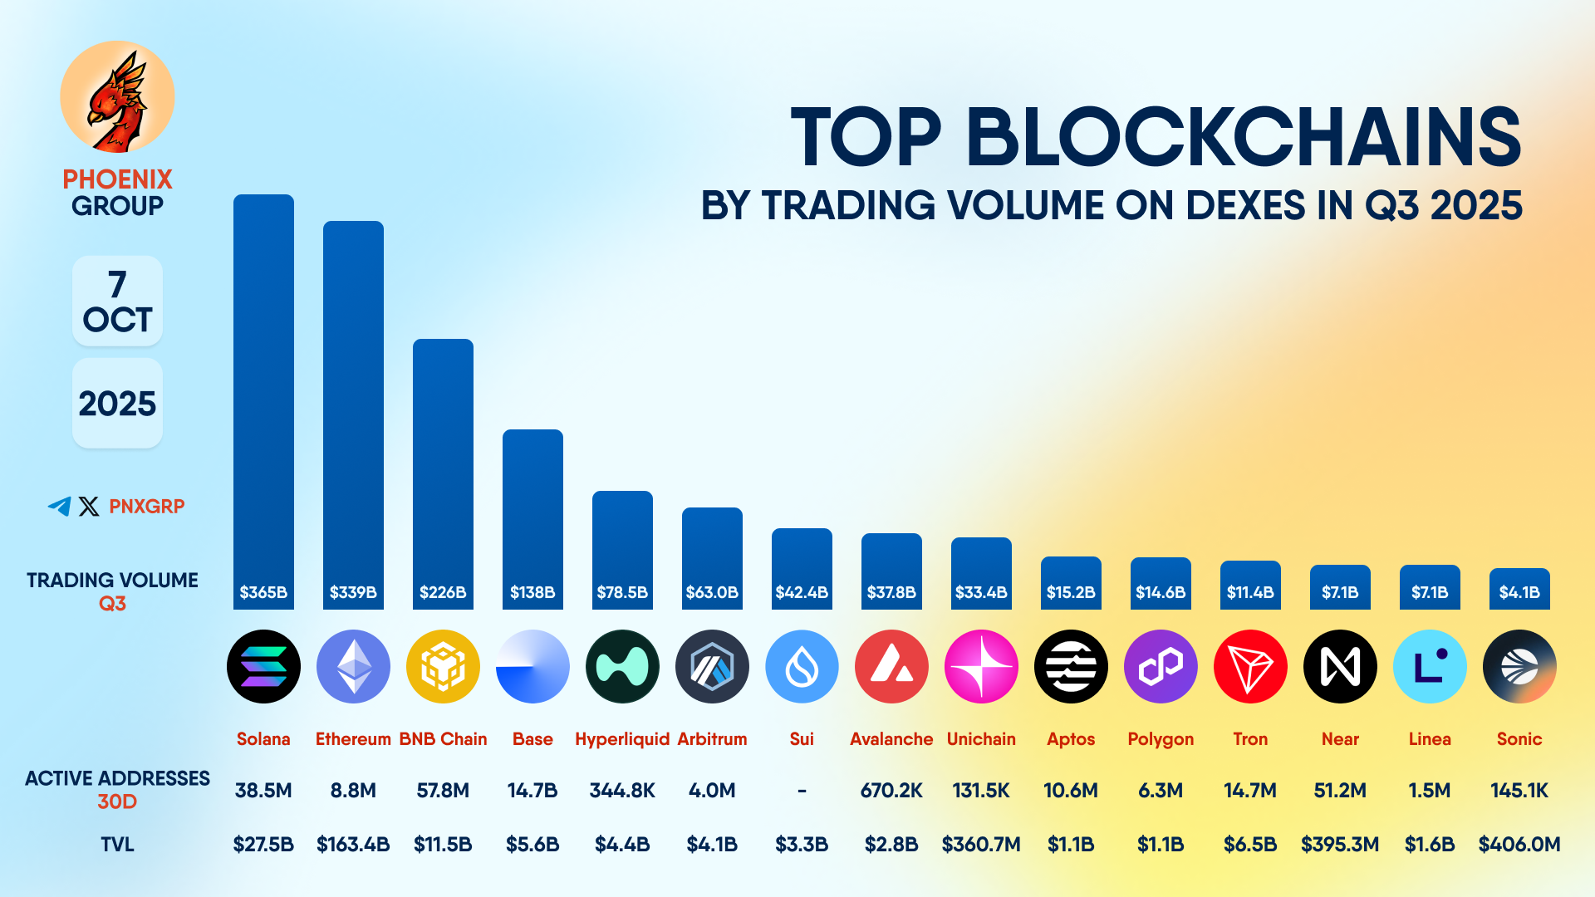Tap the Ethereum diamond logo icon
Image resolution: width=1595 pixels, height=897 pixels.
click(353, 666)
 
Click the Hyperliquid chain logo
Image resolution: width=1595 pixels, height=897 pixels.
click(622, 666)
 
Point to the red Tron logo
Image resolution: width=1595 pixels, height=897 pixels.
click(1250, 666)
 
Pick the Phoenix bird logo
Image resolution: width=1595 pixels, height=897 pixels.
click(117, 98)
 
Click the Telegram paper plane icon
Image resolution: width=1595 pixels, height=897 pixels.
click(59, 506)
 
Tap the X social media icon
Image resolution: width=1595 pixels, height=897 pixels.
click(89, 506)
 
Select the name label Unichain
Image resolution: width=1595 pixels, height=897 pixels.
click(981, 739)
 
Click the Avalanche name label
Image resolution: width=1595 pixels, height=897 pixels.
click(891, 739)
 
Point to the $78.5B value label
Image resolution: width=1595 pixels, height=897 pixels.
click(622, 592)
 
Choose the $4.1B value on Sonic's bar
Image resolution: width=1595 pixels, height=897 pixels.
click(1519, 592)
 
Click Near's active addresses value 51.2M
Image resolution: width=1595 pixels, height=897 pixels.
click(1340, 791)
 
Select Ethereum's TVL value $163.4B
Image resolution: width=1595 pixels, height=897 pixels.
click(353, 845)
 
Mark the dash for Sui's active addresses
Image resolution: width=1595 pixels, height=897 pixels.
click(802, 791)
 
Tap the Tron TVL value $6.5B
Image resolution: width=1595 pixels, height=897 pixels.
click(1250, 845)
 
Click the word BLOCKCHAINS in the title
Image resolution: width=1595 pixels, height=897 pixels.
click(1244, 137)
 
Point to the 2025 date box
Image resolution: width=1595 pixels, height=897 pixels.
click(117, 404)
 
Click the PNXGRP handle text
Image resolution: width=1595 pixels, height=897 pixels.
click(147, 506)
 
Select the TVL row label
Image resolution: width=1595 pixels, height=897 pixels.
click(117, 845)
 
